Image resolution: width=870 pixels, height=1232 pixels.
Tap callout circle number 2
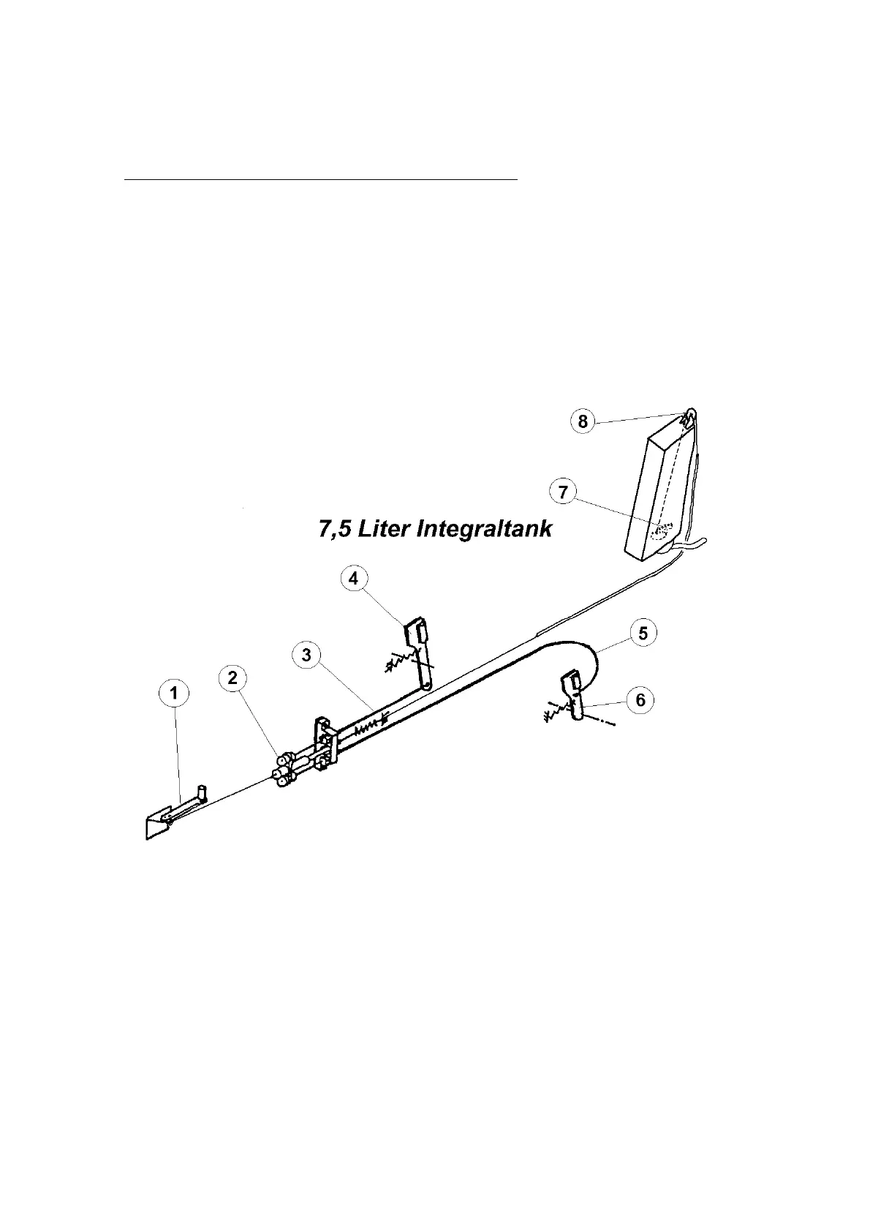pyautogui.click(x=232, y=678)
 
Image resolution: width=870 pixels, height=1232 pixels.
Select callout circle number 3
pyautogui.click(x=306, y=655)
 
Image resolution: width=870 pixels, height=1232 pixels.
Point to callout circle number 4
pyautogui.click(x=354, y=578)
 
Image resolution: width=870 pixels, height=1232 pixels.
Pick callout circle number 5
pyautogui.click(x=643, y=633)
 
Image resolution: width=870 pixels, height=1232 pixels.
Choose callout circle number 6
pyautogui.click(x=640, y=700)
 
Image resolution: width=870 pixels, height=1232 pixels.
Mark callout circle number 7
pyautogui.click(x=563, y=492)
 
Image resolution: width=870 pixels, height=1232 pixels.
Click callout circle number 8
pyautogui.click(x=583, y=422)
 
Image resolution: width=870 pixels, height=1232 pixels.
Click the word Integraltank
pyautogui.click(x=483, y=529)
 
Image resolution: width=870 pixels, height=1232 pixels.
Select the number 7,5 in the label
pyautogui.click(x=335, y=529)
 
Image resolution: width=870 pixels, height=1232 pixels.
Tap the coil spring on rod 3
pyautogui.click(x=370, y=726)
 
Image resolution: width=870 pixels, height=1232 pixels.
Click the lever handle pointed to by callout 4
pyautogui.click(x=418, y=644)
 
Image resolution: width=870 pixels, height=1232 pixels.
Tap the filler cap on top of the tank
pyautogui.click(x=689, y=418)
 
